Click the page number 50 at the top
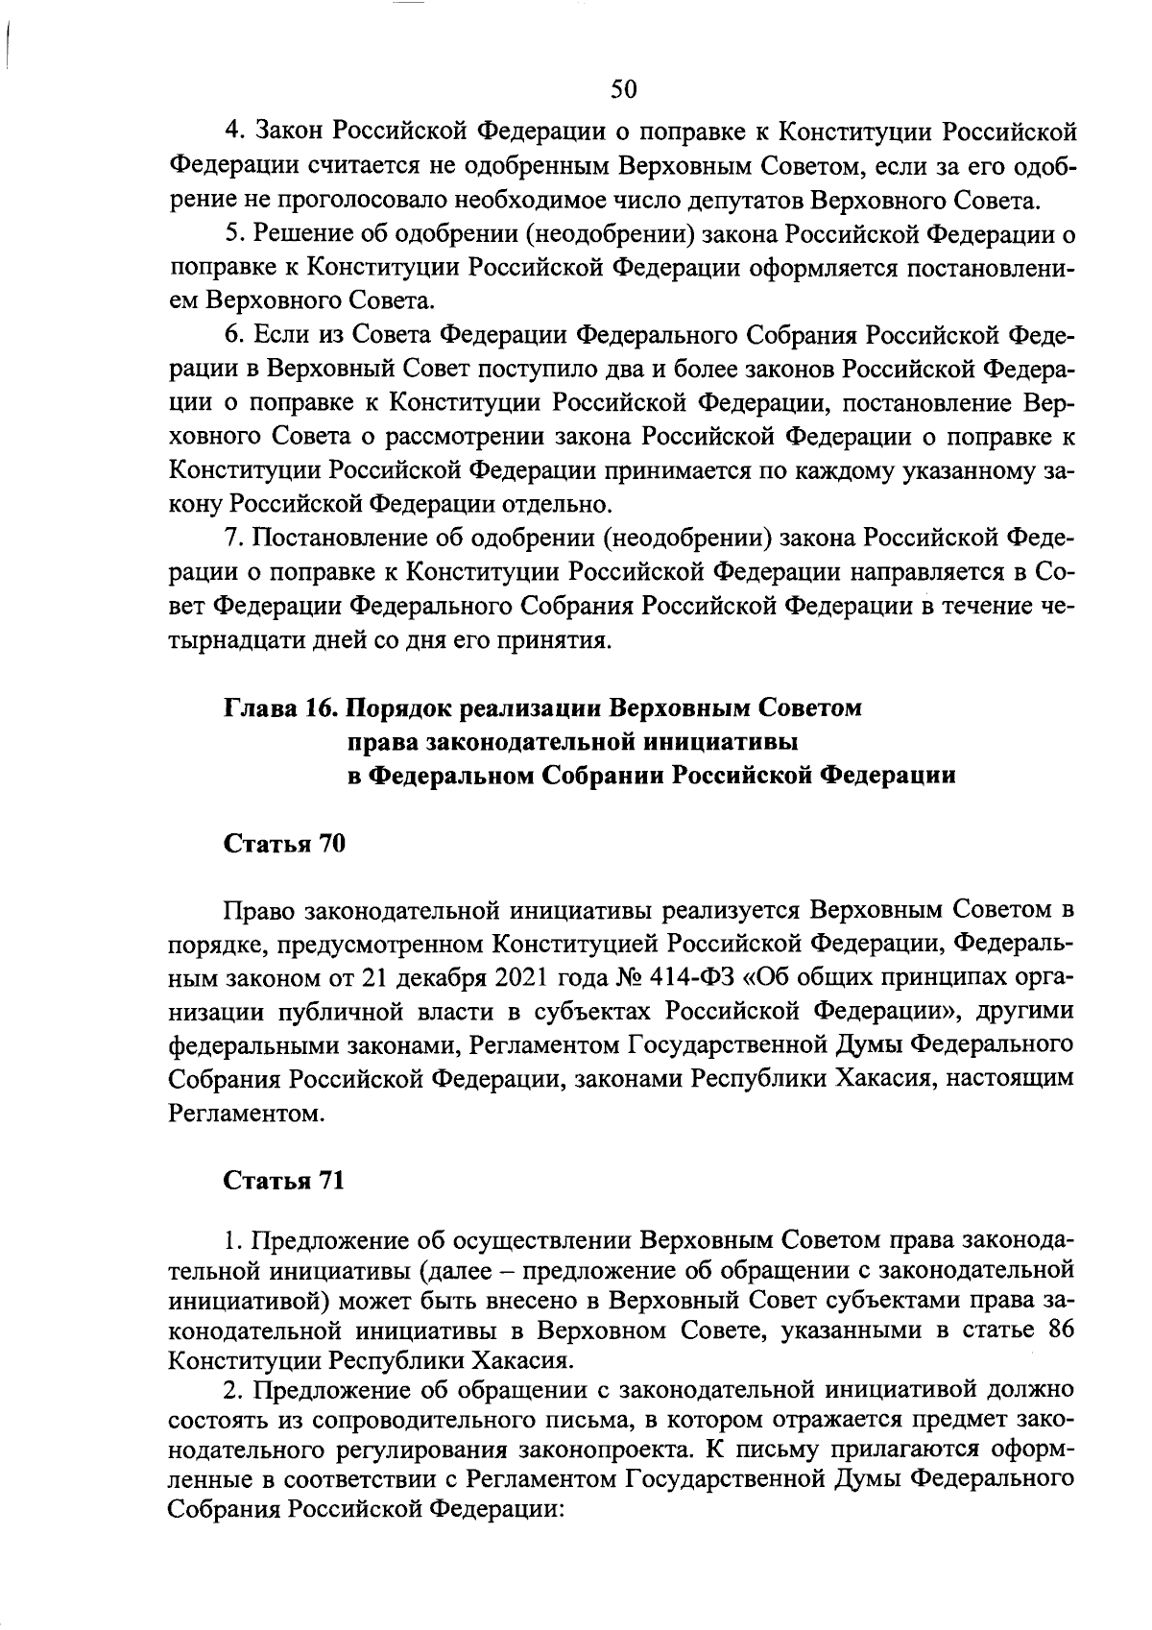(623, 89)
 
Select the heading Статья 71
(283, 1181)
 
